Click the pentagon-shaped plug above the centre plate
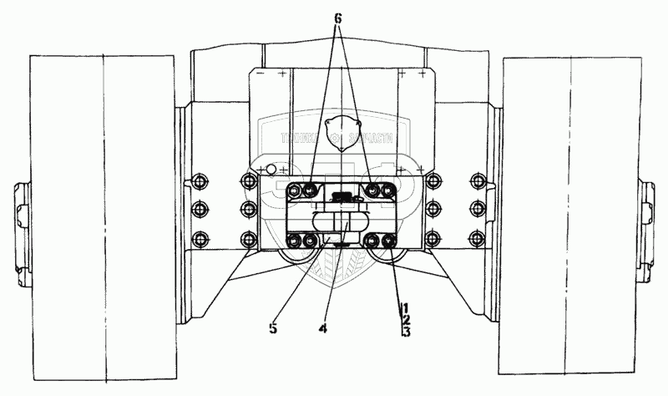point(337,127)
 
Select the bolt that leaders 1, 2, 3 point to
point(389,242)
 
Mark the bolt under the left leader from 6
point(311,191)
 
